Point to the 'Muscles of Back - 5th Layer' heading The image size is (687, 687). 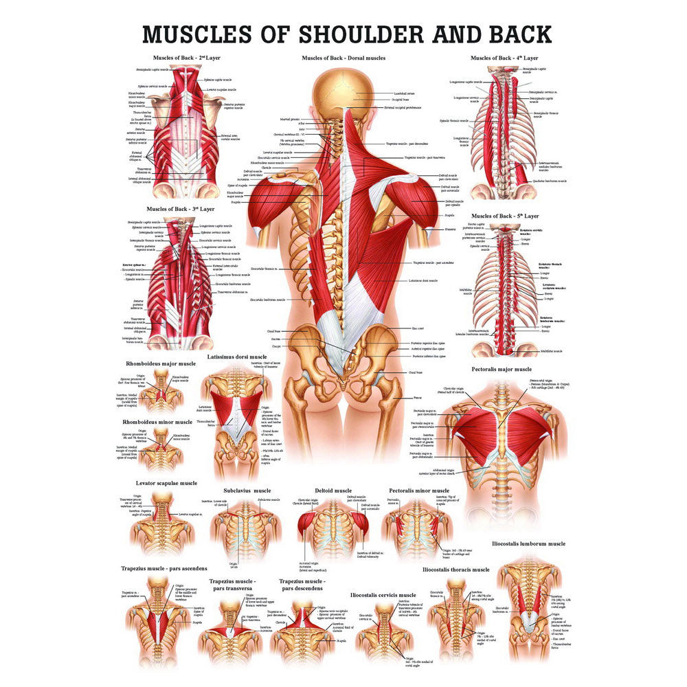pyautogui.click(x=506, y=216)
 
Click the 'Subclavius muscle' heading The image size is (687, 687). pyautogui.click(x=247, y=491)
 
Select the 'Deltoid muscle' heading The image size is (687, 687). pyautogui.click(x=333, y=491)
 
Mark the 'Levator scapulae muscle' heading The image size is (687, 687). pyautogui.click(x=166, y=483)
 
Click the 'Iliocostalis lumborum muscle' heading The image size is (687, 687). pyautogui.click(x=528, y=543)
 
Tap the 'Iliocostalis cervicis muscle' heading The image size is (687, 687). pyautogui.click(x=383, y=595)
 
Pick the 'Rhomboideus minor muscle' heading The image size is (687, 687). pyautogui.click(x=157, y=422)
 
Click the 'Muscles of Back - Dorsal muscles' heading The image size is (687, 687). pyautogui.click(x=343, y=58)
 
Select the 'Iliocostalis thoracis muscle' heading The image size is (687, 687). pyautogui.click(x=456, y=570)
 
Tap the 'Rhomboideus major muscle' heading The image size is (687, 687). pyautogui.click(x=161, y=363)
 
